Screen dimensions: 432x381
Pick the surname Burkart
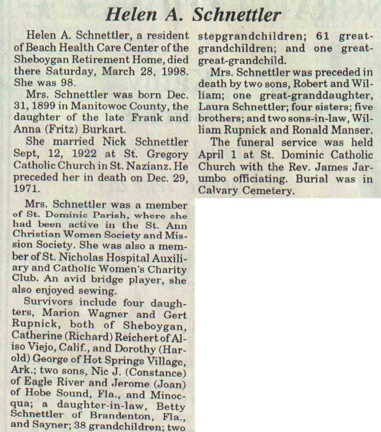(x=104, y=130)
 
